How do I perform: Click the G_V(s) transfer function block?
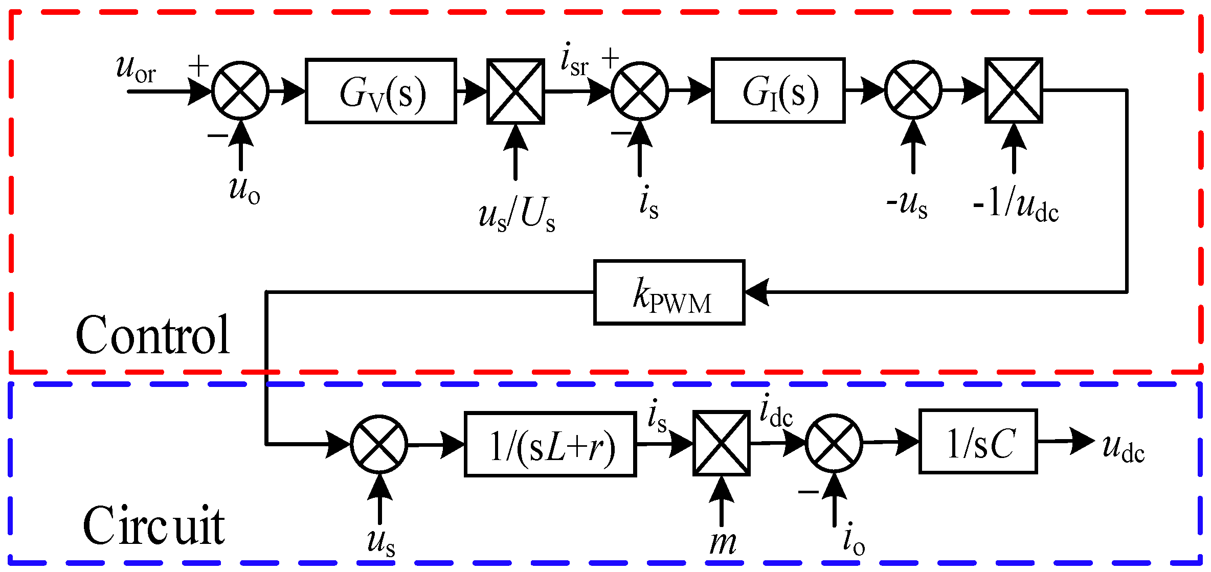pos(380,91)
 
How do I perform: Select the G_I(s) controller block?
pos(778,91)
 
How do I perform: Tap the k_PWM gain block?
pos(669,292)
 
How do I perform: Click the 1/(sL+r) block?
pos(550,444)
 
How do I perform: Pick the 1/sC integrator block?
pos(978,442)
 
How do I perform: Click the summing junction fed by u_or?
pos(240,91)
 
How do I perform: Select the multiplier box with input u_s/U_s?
pos(515,91)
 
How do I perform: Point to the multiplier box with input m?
pos(722,444)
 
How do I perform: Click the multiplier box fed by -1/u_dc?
pos(1014,90)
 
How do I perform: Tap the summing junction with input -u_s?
pos(913,90)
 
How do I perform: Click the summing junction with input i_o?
pos(834,443)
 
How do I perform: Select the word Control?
pos(152,335)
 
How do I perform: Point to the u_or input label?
pos(136,69)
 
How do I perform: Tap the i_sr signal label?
pos(574,60)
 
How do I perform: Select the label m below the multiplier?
pos(723,543)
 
